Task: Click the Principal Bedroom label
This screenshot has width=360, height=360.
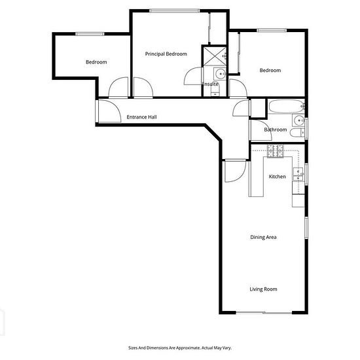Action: tap(166, 54)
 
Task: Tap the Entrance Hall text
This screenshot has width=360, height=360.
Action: tap(141, 117)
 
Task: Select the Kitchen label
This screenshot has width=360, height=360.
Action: tap(277, 177)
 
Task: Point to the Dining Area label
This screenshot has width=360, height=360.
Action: tap(263, 237)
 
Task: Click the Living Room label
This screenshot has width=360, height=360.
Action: tap(263, 289)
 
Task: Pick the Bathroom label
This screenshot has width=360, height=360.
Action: tap(276, 130)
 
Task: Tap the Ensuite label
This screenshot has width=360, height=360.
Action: tap(210, 84)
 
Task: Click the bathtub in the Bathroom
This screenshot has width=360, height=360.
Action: tap(287, 106)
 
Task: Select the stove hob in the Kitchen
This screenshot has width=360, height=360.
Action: tap(276, 151)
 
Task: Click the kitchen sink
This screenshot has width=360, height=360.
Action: tap(298, 175)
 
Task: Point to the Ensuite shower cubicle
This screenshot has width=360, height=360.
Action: tap(215, 56)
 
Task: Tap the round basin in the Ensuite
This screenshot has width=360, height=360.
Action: tap(220, 74)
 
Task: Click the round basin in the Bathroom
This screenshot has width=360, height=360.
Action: tap(298, 120)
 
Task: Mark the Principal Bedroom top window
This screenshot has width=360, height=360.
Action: tap(175, 10)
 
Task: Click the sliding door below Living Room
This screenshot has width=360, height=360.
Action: tap(264, 312)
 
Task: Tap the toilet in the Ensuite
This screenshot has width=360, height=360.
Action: tap(215, 90)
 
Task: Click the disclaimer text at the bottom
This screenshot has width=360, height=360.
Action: tap(180, 348)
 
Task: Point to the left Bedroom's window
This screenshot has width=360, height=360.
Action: tap(90, 34)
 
